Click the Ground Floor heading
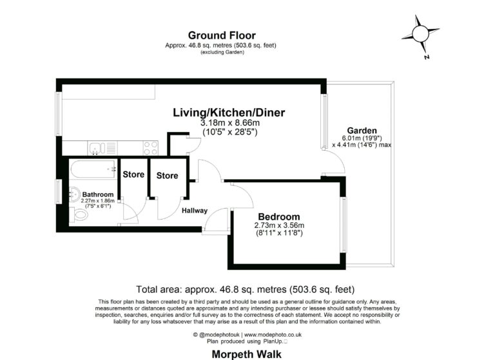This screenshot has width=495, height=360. pos(221,35)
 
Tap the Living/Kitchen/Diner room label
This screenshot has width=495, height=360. pos(229,113)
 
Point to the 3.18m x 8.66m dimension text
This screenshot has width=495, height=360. pos(229,123)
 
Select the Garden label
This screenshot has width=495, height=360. pos(362,129)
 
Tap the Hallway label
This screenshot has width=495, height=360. pos(195,211)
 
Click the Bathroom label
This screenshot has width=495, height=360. pos(98,194)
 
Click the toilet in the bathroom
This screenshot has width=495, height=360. pos(81,214)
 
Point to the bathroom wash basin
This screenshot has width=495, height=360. pos(73,193)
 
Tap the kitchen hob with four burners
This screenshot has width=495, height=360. pos(150,147)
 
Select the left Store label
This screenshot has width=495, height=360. pos(133,175)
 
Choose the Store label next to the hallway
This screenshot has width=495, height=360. pos(167,175)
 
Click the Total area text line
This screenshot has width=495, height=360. pos(246,289)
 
